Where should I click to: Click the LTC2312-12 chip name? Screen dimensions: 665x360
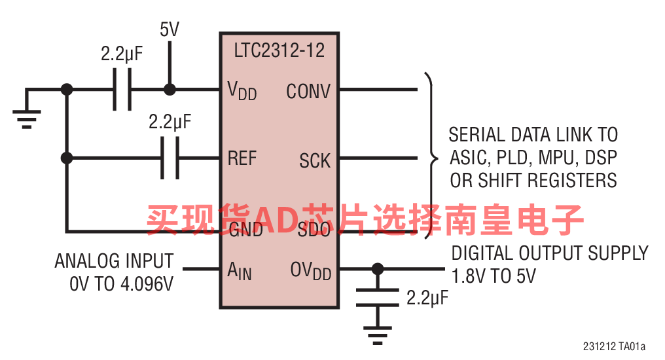(x=279, y=50)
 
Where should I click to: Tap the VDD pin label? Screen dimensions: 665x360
(x=242, y=90)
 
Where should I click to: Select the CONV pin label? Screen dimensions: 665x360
(x=308, y=91)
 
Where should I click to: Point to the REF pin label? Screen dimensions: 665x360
(x=242, y=158)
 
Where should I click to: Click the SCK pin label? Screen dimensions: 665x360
(x=315, y=161)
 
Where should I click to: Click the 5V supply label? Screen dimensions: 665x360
(x=170, y=29)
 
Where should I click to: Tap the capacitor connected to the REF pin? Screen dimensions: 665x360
(x=170, y=158)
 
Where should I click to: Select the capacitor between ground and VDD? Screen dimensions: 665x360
(x=122, y=90)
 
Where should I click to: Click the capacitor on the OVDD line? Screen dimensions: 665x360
(x=378, y=298)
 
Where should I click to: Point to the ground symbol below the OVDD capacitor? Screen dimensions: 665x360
(x=378, y=336)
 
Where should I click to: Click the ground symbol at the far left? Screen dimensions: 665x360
(x=27, y=119)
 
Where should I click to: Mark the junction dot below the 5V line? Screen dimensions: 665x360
(x=170, y=90)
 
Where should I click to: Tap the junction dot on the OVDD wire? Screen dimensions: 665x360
(x=378, y=269)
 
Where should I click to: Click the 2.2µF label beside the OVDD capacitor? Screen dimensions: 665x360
(x=427, y=298)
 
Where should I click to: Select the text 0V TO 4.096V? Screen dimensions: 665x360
(x=121, y=283)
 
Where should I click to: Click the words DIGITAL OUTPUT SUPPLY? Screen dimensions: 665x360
(x=550, y=253)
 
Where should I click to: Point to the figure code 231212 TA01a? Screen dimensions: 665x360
(x=614, y=346)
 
